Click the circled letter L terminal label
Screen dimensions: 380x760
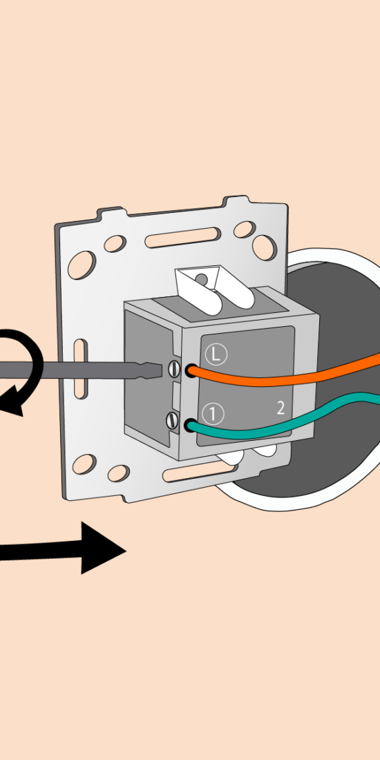[216, 355]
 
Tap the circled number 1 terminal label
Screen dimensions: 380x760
[213, 414]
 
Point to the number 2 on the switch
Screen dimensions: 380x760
[281, 408]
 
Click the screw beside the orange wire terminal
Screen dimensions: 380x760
[174, 370]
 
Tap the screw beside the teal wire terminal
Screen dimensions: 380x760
[172, 420]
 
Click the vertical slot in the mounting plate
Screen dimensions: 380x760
[81, 369]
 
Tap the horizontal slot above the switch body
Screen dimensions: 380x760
[182, 237]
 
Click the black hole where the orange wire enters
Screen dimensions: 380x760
[191, 371]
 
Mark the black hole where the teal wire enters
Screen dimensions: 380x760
[190, 425]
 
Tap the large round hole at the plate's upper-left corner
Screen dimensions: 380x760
[82, 265]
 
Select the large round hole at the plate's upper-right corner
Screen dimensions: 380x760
[264, 247]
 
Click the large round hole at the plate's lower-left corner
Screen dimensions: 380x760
[84, 464]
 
